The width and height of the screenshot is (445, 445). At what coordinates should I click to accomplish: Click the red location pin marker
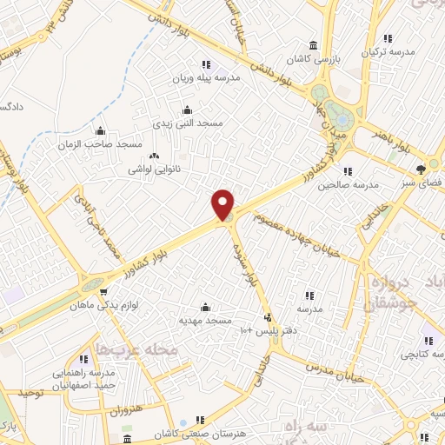223,205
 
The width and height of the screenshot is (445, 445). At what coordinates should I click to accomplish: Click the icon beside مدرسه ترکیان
388,38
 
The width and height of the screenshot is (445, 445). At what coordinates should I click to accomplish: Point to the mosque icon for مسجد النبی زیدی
187,110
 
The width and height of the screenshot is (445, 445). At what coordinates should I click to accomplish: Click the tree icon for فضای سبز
421,169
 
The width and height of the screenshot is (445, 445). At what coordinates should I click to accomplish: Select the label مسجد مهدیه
205,320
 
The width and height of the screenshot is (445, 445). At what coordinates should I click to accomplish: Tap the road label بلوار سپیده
250,266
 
